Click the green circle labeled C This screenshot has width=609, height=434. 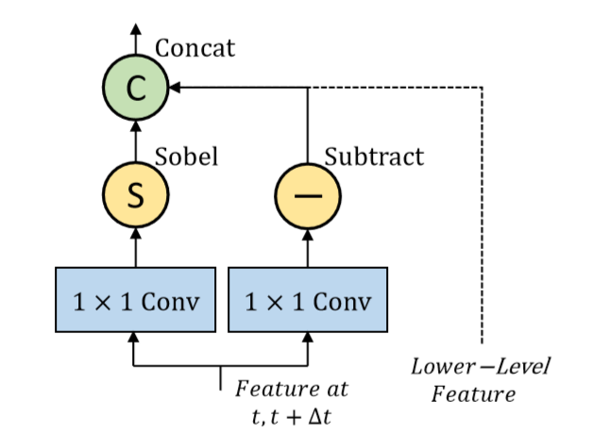(x=135, y=89)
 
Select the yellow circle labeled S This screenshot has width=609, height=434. (x=135, y=196)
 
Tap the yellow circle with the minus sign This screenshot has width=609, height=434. (x=308, y=196)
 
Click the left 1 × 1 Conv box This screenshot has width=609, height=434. (x=135, y=300)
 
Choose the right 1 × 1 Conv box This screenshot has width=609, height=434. (x=308, y=300)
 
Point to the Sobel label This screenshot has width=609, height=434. (x=186, y=157)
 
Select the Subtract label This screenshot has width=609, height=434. (x=374, y=157)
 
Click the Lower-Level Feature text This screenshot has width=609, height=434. (x=481, y=378)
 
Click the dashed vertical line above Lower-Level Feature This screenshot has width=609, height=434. (x=482, y=217)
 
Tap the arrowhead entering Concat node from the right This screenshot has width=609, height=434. (x=173, y=89)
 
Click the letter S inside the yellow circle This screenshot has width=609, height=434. (x=135, y=196)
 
